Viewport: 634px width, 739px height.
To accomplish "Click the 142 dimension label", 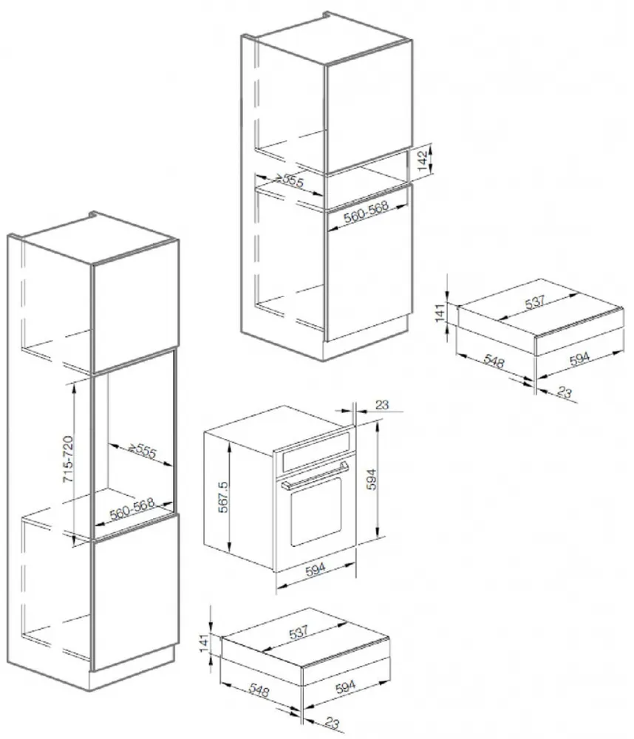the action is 423,160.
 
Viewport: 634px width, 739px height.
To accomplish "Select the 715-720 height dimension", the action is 68,459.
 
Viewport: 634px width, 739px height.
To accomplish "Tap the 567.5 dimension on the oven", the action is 223,497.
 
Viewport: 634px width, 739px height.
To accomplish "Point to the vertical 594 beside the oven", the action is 372,480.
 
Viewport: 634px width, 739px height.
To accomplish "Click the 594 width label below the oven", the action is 316,570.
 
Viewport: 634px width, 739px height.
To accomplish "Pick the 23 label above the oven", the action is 382,404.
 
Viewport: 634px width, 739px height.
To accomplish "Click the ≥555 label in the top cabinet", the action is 290,180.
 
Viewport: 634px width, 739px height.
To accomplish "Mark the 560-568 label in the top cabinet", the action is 366,211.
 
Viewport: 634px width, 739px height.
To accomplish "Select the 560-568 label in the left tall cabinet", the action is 132,508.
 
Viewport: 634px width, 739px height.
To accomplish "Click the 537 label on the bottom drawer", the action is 299,632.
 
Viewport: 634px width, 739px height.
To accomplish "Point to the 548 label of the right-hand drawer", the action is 494,361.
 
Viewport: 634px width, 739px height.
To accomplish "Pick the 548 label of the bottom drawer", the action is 259,690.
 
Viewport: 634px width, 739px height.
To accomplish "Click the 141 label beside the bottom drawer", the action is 204,644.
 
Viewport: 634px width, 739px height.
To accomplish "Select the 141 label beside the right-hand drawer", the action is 440,313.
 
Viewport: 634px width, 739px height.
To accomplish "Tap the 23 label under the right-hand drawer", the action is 564,392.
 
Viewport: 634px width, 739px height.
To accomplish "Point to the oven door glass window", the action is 316,511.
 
